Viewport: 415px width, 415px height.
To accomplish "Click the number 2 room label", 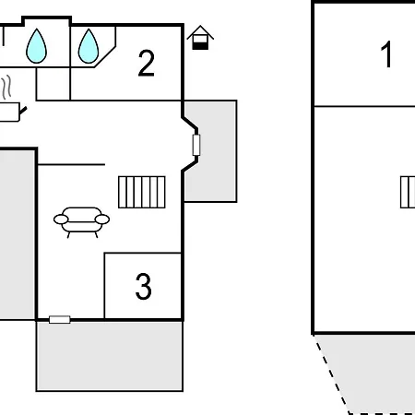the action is pyautogui.click(x=147, y=63).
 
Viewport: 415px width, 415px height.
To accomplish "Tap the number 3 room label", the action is pyautogui.click(x=143, y=287).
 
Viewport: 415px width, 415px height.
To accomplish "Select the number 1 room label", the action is pyautogui.click(x=386, y=54).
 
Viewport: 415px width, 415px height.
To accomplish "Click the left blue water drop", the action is pyautogui.click(x=37, y=46).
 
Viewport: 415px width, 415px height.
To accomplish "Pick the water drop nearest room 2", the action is pyautogui.click(x=89, y=46).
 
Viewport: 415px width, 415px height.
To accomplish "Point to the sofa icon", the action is pyautogui.click(x=81, y=222).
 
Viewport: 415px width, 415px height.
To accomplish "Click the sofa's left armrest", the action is pyautogui.click(x=61, y=219).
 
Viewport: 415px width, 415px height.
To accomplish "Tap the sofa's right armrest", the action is pyautogui.click(x=102, y=219).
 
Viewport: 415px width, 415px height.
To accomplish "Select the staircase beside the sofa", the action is pyautogui.click(x=142, y=192).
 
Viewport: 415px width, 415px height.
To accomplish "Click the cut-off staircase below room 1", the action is pyautogui.click(x=408, y=192).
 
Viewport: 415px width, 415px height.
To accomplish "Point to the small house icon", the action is pyautogui.click(x=200, y=38).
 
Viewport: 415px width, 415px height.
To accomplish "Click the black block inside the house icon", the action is pyautogui.click(x=200, y=46).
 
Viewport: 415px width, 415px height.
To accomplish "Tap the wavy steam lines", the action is pyautogui.click(x=6, y=88).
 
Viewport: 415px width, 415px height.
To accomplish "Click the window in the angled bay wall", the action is pyautogui.click(x=196, y=145).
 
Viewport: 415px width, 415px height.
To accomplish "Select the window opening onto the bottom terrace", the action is pyautogui.click(x=60, y=320).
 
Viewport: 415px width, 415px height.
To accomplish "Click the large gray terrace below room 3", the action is pyautogui.click(x=110, y=356).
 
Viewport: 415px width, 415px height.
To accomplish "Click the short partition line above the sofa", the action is pyautogui.click(x=71, y=165).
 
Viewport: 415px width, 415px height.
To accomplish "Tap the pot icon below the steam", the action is pyautogui.click(x=12, y=112).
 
